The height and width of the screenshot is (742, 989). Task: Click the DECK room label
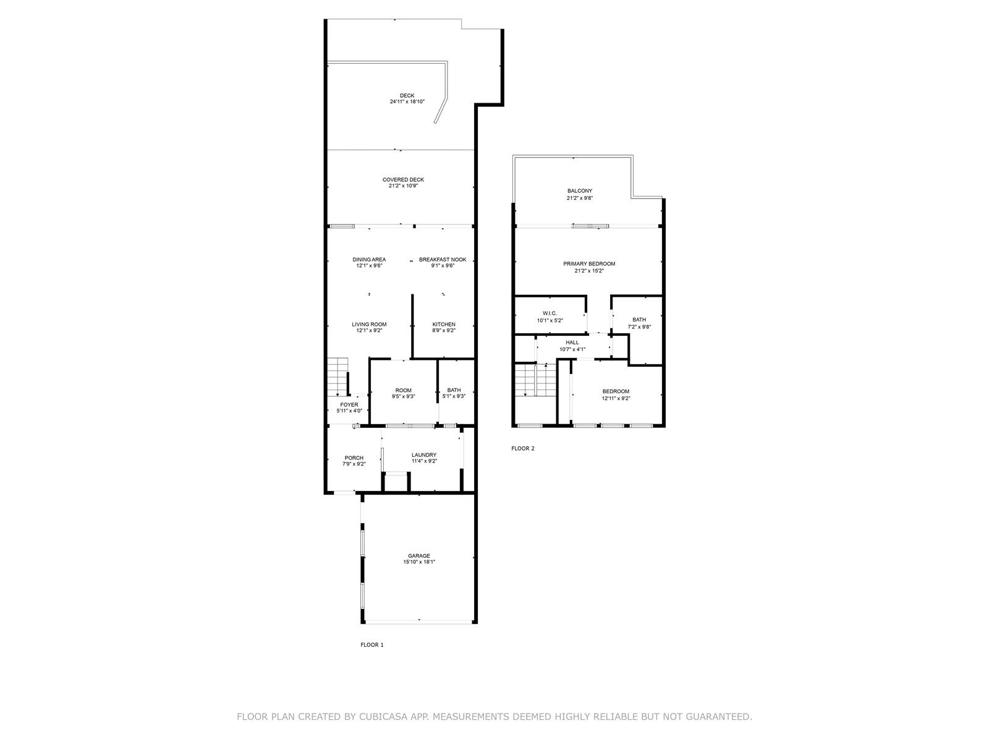407,95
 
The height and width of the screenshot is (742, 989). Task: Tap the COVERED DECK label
403,180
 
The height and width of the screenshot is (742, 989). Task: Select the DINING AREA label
369,260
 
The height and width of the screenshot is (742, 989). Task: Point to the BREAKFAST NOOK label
443,260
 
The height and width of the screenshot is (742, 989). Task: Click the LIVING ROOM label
369,325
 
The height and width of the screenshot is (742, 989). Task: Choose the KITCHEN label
444,325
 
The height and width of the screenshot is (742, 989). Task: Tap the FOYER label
349,404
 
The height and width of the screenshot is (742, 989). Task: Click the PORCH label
354,458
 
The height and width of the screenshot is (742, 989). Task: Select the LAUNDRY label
424,455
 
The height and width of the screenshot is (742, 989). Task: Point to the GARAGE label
419,556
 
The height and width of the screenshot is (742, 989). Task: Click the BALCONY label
580,191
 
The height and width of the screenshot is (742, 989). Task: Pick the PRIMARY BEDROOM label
589,264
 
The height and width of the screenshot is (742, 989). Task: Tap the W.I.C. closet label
550,313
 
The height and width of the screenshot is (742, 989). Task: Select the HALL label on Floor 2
572,343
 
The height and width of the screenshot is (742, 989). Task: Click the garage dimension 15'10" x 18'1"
419,562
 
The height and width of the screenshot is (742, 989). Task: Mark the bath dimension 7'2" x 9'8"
639,327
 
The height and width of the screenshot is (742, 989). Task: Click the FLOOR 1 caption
372,645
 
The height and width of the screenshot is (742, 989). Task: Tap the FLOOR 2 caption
523,448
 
